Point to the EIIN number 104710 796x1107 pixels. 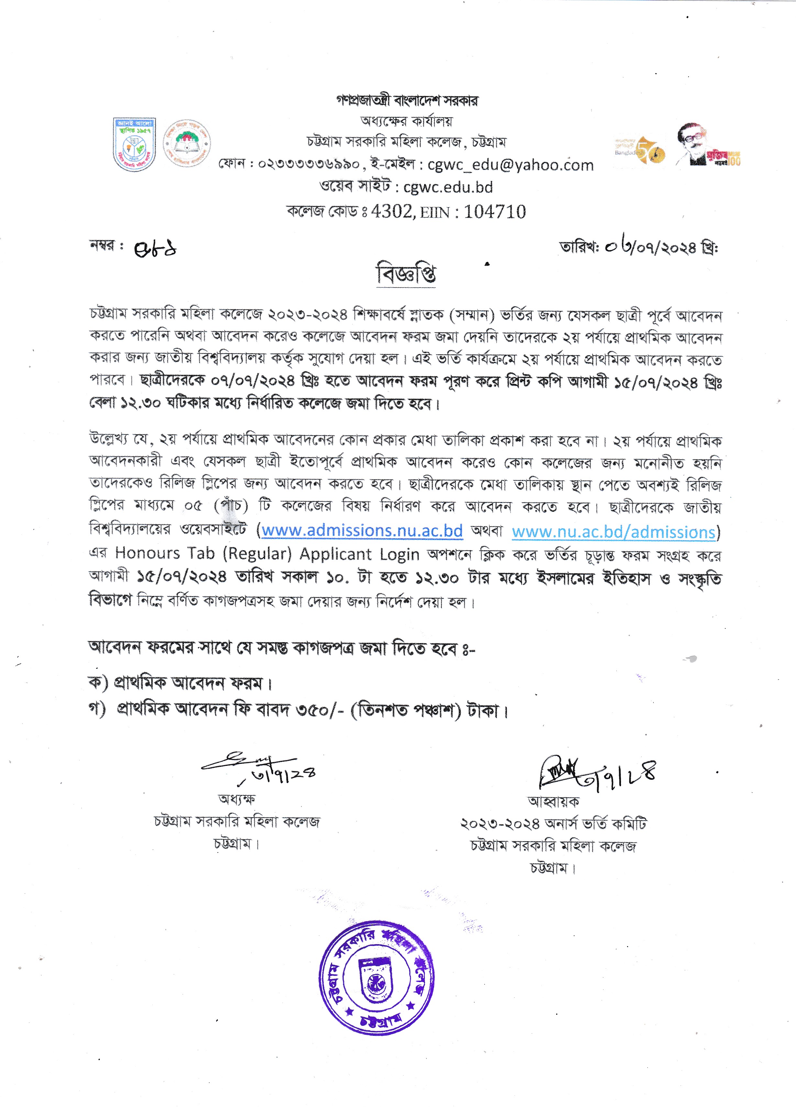(x=495, y=211)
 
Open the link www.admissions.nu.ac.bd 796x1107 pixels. (x=362, y=531)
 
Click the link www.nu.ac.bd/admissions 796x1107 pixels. (x=614, y=531)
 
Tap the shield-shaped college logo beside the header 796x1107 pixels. (x=134, y=144)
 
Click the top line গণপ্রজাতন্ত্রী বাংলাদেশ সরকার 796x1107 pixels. (x=407, y=101)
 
